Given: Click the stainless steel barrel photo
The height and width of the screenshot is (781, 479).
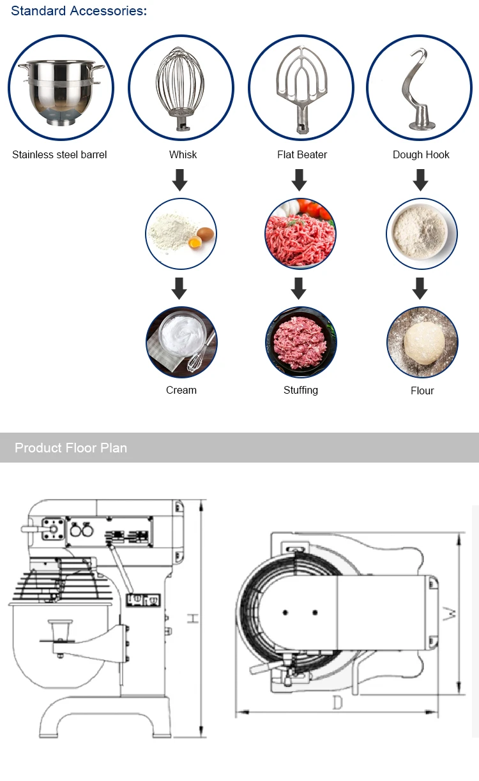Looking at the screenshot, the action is pos(61,87).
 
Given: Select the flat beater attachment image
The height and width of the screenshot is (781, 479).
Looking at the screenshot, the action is pos(301,87).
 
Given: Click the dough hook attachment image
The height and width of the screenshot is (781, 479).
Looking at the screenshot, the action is pos(420,87).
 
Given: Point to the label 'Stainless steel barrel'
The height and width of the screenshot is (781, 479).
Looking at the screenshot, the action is pos(59,154).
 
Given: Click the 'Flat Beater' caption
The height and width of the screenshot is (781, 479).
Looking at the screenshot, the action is pos(302,154).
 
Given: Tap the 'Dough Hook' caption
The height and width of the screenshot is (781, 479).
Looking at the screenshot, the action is pos(421,154).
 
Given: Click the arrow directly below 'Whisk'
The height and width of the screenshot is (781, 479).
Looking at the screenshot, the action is pos(180,179).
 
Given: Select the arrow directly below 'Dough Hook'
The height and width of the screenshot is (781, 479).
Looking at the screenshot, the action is pos(420,179).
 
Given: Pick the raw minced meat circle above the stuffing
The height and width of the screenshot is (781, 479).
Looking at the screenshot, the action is pos(300,234).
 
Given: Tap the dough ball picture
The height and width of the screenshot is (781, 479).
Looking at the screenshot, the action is pos(422,342).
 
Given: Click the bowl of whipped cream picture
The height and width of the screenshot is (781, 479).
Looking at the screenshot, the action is pos(181,342).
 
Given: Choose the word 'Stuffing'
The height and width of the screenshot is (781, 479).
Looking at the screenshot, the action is pos(301,390).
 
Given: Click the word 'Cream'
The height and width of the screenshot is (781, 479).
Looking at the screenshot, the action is pos(181,390).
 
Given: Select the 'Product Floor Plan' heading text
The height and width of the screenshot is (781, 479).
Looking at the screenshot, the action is pos(71,448).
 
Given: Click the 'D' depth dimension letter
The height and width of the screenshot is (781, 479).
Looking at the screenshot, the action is pos(338,703).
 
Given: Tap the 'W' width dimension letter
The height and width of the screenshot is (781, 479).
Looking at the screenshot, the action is pos(451,614).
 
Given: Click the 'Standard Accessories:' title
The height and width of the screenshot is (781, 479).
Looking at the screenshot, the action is pos(79,11).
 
